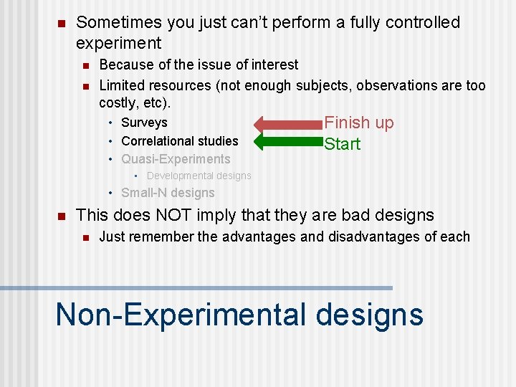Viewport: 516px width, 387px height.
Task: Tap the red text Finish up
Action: [359, 123]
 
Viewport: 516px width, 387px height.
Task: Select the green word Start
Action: [342, 144]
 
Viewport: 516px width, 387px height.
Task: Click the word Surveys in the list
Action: [144, 123]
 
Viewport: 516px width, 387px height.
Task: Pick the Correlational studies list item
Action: [179, 141]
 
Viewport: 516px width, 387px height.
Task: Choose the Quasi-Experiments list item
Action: [176, 159]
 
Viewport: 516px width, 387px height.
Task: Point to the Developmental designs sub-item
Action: [199, 176]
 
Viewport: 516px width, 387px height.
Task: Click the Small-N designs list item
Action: [168, 193]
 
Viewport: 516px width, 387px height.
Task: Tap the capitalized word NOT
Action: [192, 215]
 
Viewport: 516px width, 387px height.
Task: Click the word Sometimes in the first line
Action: [118, 23]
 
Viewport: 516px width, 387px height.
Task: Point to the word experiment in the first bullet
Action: [118, 44]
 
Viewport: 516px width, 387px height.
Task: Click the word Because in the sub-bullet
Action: [124, 65]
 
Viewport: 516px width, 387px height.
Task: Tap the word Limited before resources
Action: [122, 86]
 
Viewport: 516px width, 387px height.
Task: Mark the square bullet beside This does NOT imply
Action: [61, 216]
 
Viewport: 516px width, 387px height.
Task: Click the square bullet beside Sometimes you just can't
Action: [61, 24]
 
